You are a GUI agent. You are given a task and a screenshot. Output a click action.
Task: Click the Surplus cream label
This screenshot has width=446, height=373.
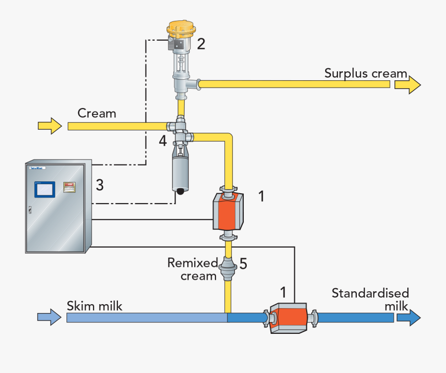click(x=365, y=73)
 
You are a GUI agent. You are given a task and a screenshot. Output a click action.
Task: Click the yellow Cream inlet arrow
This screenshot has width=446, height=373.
click(x=50, y=126)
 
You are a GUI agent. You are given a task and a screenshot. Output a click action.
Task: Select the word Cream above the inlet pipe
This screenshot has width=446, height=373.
click(x=97, y=113)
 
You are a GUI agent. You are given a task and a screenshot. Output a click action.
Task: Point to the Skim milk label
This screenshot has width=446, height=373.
click(x=94, y=306)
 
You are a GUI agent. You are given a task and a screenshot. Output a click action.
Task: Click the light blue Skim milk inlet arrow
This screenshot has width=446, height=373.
click(x=50, y=317)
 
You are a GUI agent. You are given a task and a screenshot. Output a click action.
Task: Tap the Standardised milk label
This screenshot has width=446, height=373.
click(x=370, y=299)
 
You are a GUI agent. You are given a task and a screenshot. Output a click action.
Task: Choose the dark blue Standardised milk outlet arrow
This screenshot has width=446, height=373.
click(x=408, y=317)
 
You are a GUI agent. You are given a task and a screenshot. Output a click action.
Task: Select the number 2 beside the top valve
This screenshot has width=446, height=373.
click(x=201, y=44)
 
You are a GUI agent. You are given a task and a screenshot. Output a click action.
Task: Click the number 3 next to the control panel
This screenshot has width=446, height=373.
click(x=100, y=185)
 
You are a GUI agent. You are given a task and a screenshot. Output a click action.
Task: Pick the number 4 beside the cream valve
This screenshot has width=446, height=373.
click(x=163, y=141)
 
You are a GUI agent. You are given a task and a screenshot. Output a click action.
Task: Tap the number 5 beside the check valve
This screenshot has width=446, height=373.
click(x=243, y=263)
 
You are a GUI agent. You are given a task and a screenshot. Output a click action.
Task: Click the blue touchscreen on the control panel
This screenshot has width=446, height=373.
click(x=43, y=189)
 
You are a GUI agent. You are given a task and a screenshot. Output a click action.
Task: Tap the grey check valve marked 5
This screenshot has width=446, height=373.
click(x=228, y=268)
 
